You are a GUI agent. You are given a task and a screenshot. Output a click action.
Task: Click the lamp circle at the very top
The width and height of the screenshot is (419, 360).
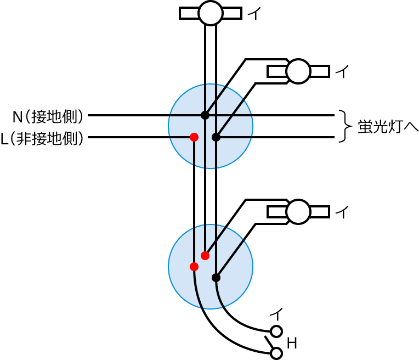coord(211,13)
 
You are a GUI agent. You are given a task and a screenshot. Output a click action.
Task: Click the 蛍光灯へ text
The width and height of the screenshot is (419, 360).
coord(388,126)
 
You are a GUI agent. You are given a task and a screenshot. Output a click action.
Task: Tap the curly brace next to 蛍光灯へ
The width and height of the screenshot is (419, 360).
coord(344,126)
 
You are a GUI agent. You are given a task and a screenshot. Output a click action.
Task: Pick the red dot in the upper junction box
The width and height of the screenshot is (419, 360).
coord(194,137)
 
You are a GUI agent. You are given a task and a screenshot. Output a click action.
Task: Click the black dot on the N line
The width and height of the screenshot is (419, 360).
coord(205,115)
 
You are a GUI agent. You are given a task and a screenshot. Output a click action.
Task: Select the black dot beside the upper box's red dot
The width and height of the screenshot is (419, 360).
coord(216,137)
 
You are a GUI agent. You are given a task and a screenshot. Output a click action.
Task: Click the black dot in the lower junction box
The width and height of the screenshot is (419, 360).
coord(216,278)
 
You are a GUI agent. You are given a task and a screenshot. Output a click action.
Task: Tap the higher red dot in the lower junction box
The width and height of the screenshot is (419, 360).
coord(205,256)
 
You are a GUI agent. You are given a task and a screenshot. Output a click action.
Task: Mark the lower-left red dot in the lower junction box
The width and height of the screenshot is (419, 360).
coord(194,267)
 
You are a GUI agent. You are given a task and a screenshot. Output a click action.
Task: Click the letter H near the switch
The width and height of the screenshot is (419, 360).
coord(292,344)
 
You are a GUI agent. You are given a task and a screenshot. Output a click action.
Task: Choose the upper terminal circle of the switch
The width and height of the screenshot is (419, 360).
coord(276,331)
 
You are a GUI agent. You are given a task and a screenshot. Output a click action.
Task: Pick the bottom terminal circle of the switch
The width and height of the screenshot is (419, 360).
coord(276,353)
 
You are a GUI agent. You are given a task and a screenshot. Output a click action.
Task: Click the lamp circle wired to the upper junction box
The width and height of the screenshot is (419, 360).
coord(298,71)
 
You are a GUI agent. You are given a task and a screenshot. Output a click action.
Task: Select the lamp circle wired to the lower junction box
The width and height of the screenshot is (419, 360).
coord(298,212)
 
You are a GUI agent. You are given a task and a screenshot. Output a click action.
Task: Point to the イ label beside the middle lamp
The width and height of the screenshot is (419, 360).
coord(342,72)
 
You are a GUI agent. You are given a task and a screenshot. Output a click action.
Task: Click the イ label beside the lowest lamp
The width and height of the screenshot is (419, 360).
coord(342,212)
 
